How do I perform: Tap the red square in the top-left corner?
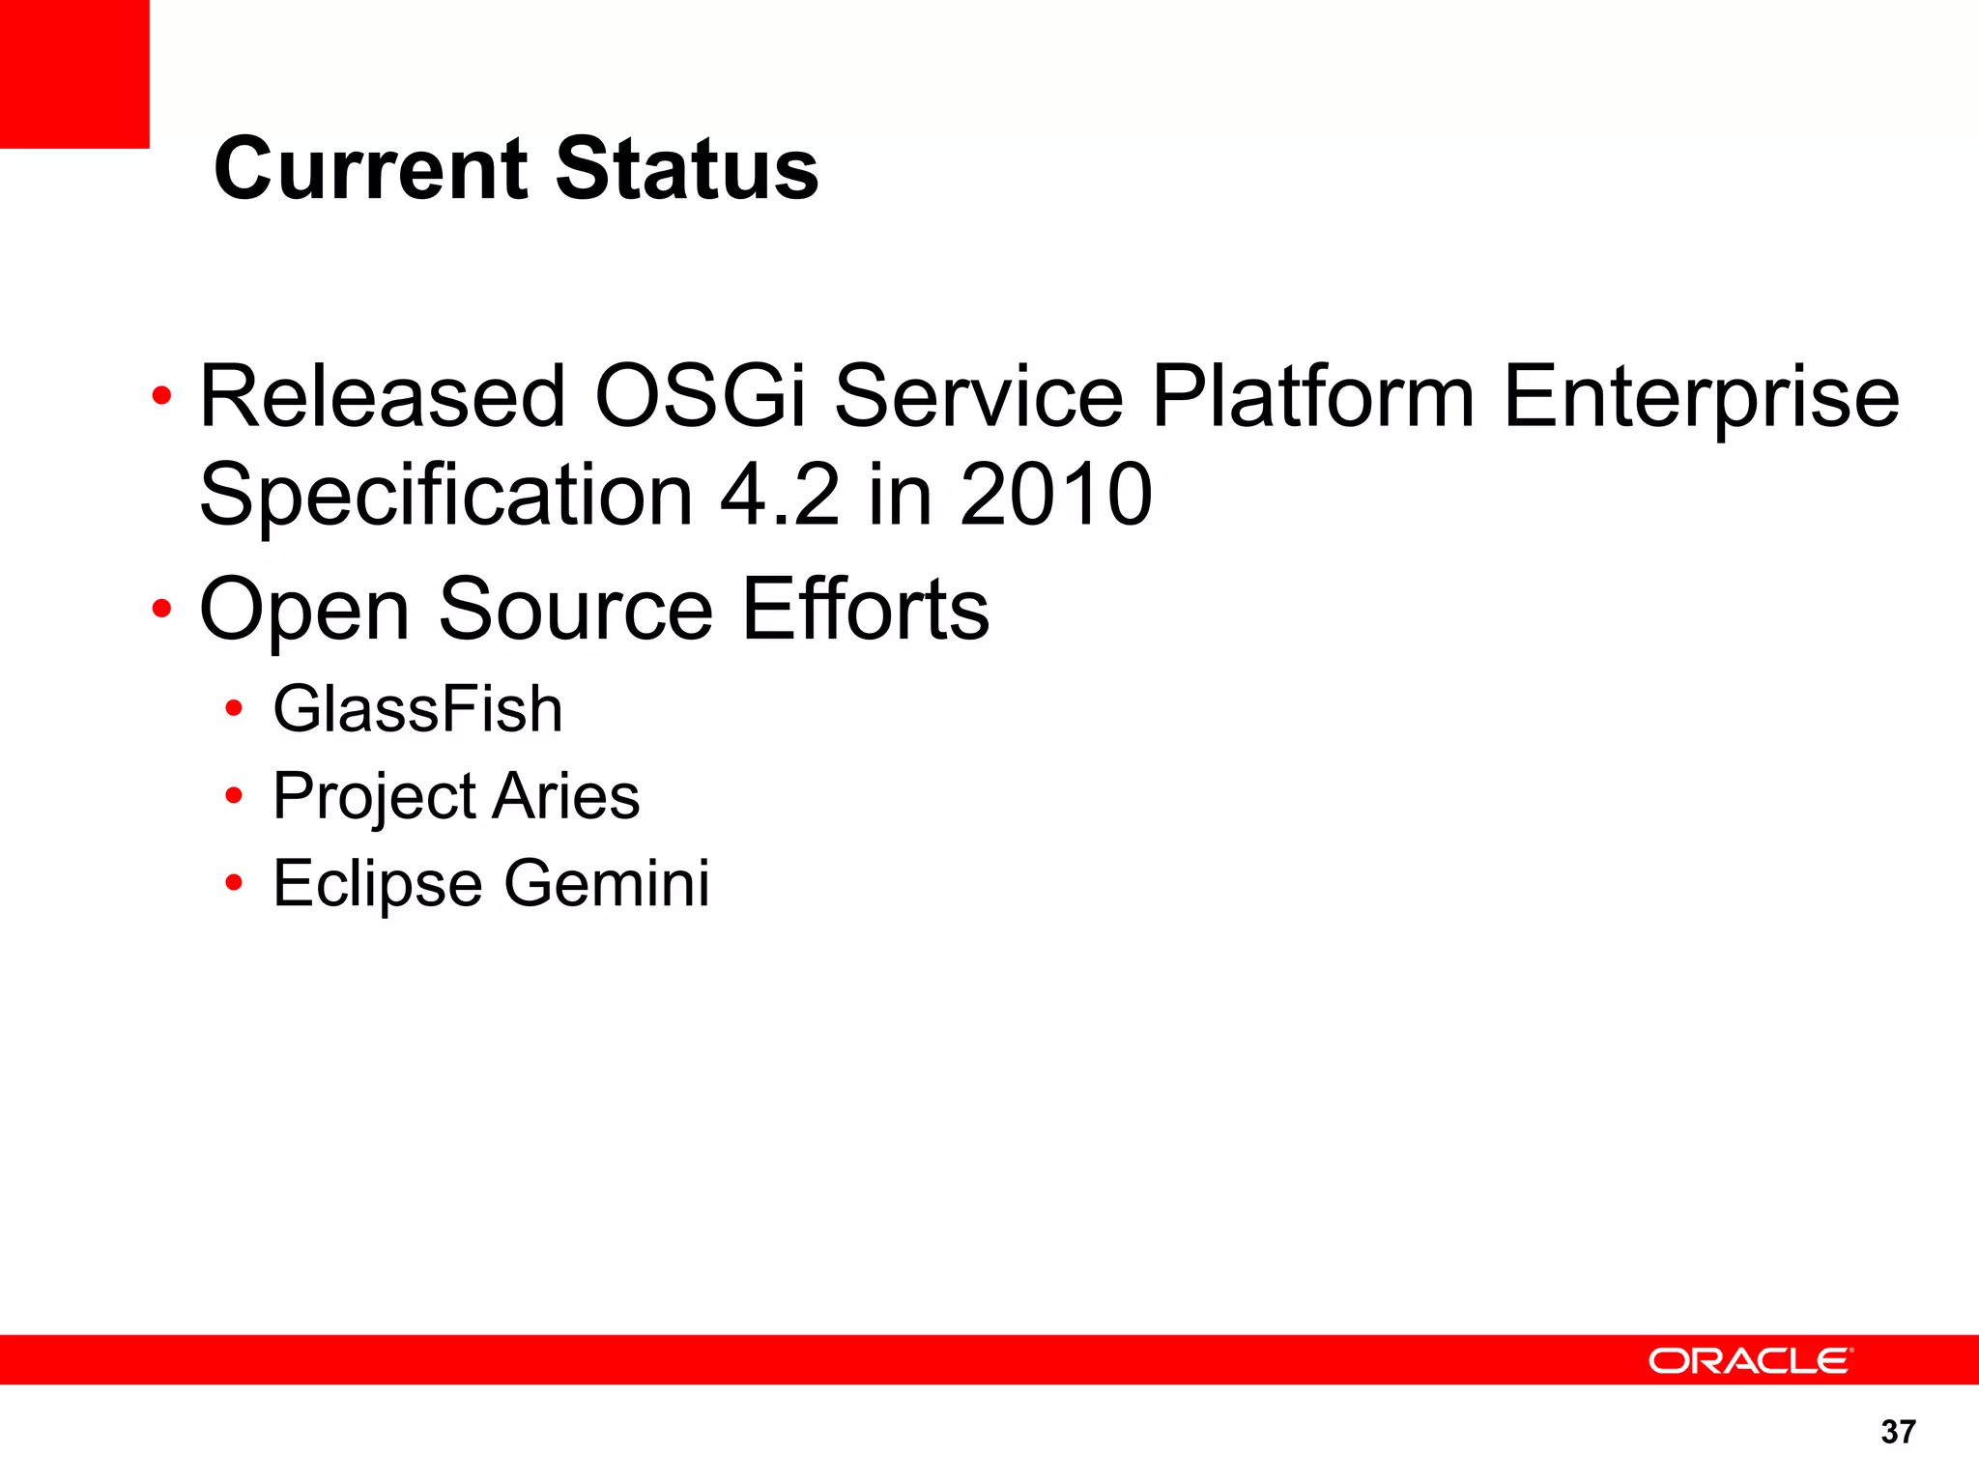tap(74, 73)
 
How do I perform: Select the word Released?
tap(382, 396)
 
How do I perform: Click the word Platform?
tap(1312, 396)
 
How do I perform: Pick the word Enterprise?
tap(1701, 398)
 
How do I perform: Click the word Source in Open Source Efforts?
tap(576, 610)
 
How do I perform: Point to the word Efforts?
tap(866, 610)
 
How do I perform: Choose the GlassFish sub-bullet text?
tap(417, 709)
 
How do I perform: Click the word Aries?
tap(566, 797)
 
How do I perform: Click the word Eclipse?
tap(377, 885)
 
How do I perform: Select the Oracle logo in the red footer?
tap(1749, 1360)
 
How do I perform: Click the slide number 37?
tap(1898, 1432)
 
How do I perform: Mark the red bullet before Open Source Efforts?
tap(161, 609)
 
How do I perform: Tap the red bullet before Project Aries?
tap(233, 796)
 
